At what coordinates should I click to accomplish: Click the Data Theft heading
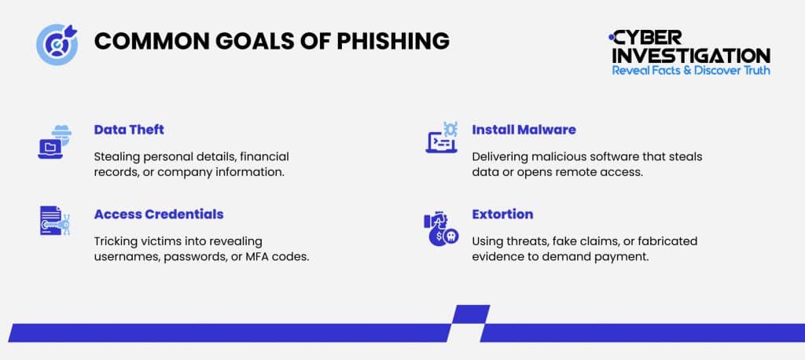tap(129, 129)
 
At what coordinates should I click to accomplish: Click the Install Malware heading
tap(524, 129)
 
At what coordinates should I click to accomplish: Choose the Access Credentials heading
tap(159, 214)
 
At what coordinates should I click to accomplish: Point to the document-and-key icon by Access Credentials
tap(53, 222)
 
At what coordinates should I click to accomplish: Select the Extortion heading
tap(502, 214)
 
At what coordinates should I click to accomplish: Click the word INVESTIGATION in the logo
tap(691, 56)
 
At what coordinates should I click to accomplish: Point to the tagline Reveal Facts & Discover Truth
tap(691, 71)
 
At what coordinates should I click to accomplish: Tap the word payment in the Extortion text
tap(620, 256)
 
